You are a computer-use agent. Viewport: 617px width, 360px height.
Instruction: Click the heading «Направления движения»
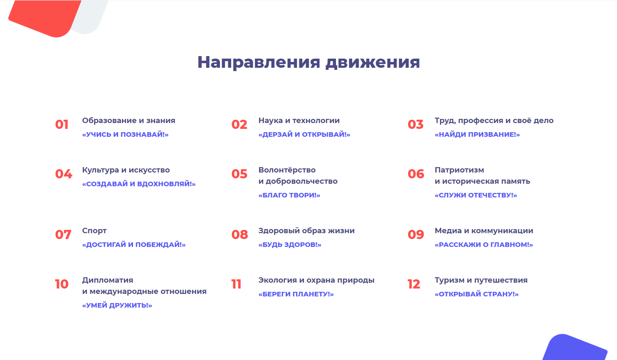[308, 62]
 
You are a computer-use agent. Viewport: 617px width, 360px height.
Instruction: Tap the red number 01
[62, 124]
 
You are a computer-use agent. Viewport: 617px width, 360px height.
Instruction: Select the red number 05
[239, 174]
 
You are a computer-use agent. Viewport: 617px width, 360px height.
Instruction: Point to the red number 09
[416, 234]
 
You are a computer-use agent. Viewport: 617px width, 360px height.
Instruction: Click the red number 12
[414, 284]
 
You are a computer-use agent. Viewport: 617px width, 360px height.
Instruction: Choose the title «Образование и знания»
[128, 121]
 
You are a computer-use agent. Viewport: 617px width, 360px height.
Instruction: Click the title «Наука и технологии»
[299, 121]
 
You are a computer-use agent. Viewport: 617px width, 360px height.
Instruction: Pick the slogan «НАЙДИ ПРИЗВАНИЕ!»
[477, 134]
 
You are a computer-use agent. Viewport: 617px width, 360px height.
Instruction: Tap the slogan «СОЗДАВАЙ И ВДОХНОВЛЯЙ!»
[139, 184]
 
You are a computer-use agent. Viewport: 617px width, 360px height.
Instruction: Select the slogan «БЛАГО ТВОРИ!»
[289, 195]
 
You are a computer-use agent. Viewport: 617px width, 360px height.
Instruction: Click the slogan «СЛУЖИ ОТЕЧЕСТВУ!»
[476, 195]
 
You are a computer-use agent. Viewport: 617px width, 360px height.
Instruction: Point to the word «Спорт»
[94, 231]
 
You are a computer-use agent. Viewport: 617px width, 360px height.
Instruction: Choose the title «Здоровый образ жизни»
[306, 231]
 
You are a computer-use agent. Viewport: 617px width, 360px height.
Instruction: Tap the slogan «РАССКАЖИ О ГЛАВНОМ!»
[484, 244]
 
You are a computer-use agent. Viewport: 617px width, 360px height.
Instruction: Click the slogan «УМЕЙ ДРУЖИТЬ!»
[117, 305]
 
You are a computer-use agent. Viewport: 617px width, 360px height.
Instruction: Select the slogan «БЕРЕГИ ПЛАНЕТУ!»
[296, 294]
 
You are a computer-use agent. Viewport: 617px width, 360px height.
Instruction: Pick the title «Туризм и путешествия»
[481, 281]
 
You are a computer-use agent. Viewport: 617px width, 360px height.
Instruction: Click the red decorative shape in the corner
[44, 17]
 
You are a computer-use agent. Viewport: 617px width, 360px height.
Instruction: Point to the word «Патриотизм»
[459, 170]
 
